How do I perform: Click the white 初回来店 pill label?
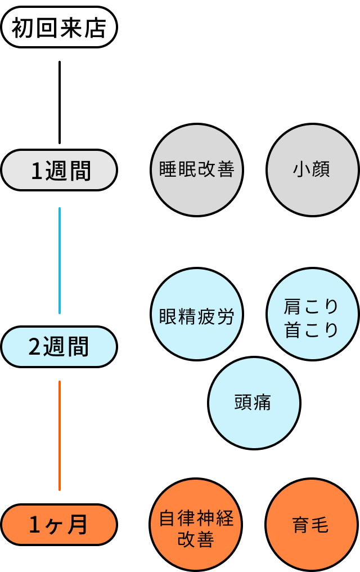[59, 27]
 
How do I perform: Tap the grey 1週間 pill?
[59, 170]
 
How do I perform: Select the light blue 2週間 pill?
[59, 347]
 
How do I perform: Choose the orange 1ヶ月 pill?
[59, 525]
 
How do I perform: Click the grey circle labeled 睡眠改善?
[197, 170]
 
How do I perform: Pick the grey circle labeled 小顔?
[312, 170]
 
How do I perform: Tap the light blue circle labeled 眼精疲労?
[197, 314]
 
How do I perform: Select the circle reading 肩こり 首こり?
[312, 314]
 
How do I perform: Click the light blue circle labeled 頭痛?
[254, 403]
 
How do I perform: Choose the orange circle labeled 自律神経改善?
[196, 525]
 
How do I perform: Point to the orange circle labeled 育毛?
[311, 525]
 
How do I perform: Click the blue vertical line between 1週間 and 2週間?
[60, 260]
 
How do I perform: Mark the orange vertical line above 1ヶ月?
[60, 435]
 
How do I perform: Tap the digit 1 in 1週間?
[37, 171]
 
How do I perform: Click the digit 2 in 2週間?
[35, 347]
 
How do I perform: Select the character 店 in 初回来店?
[96, 28]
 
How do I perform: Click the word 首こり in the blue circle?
[312, 330]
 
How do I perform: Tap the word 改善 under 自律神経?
[196, 539]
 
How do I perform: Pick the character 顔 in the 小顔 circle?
[320, 170]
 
